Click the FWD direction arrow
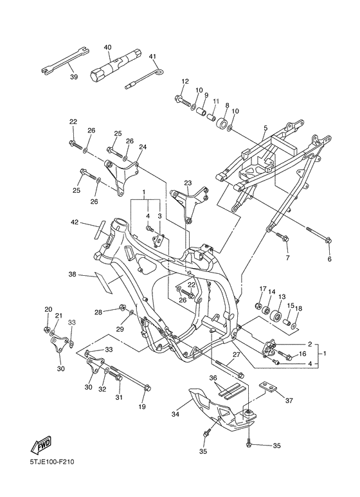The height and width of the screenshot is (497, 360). [x=40, y=444]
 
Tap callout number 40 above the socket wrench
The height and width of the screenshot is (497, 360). [x=108, y=47]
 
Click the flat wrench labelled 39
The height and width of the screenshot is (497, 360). [x=66, y=60]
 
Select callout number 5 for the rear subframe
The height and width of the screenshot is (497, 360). [x=265, y=128]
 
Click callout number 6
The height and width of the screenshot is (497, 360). [x=329, y=259]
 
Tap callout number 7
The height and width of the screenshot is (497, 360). [x=287, y=258]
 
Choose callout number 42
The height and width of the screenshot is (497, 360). [x=74, y=222]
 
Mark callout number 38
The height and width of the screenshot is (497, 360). [x=73, y=274]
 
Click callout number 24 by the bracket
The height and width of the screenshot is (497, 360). [x=143, y=147]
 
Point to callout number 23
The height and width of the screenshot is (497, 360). [x=188, y=183]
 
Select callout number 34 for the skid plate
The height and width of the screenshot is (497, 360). [x=175, y=414]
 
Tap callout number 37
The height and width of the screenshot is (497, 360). [x=289, y=401]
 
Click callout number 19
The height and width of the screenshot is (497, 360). [x=142, y=406]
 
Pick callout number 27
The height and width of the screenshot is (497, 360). [x=237, y=355]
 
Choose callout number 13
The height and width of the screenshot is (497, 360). [x=282, y=296]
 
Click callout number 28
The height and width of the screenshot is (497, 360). [x=98, y=312]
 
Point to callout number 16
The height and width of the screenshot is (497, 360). [x=302, y=354]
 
